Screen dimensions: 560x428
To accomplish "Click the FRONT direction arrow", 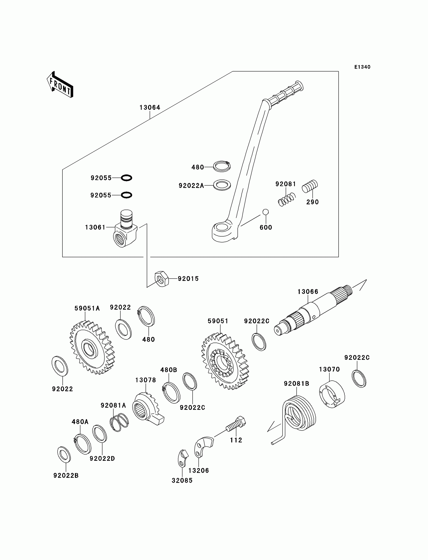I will [60, 85].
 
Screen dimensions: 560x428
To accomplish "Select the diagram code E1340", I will [362, 67].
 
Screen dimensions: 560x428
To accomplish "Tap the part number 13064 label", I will [150, 108].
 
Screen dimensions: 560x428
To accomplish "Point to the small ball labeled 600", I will [266, 212].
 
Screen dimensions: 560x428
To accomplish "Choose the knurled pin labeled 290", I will [310, 186].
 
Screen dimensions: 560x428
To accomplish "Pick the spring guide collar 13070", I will [332, 394].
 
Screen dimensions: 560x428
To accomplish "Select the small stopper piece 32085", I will [183, 458].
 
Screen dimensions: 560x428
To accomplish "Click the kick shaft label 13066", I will [308, 292].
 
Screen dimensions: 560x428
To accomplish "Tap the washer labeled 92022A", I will [222, 185].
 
